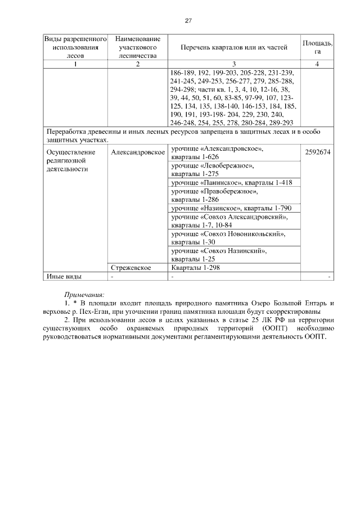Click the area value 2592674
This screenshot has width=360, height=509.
318,152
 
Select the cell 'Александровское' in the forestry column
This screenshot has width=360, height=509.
137,152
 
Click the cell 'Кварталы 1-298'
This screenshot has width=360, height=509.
195,268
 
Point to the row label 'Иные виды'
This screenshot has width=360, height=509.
64,276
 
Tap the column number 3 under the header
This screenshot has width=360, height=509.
233,64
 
